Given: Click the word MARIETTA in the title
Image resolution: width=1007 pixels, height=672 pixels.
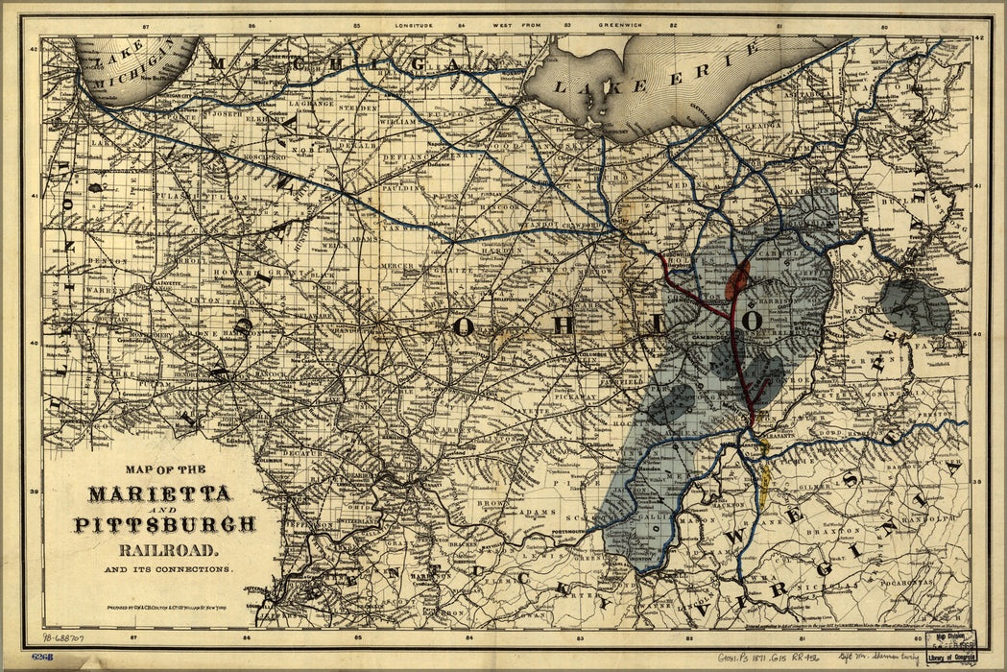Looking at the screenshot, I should pos(159,494).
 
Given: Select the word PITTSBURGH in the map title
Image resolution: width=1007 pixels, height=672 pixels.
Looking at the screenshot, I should pos(165,524).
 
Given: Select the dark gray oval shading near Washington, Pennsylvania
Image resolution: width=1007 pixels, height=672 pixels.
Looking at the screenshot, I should pos(913,304).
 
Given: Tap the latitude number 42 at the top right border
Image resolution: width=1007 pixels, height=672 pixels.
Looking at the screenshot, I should pos(980,37).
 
